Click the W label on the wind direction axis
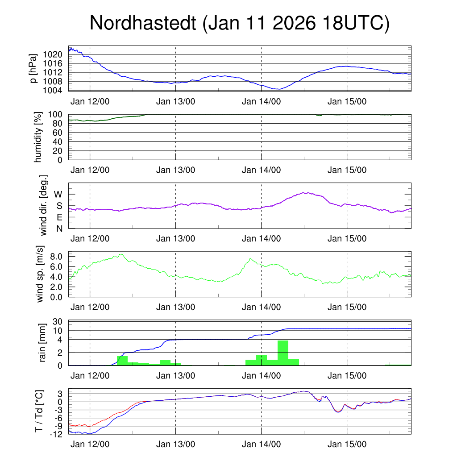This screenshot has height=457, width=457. [58, 194]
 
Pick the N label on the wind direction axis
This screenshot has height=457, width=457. [59, 228]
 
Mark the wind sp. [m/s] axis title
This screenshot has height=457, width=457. [41, 274]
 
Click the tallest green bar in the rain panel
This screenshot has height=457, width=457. [283, 353]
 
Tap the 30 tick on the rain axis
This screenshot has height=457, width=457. [60, 322]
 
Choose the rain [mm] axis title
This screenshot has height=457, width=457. [43, 343]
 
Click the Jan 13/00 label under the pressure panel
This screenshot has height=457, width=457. [175, 101]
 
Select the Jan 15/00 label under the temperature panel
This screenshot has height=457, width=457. [347, 445]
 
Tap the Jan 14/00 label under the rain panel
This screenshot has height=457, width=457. [261, 376]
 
